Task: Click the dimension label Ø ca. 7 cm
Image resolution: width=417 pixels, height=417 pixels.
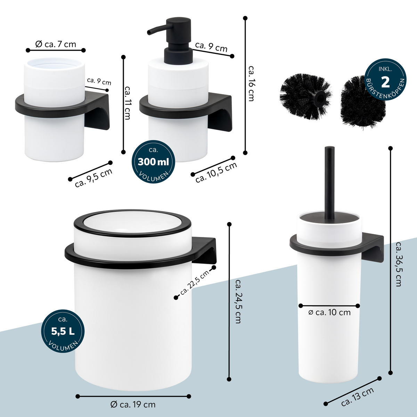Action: coord(56,44)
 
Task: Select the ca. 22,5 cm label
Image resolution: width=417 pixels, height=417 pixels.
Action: coord(195,284)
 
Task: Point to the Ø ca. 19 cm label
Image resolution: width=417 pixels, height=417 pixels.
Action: coord(133,404)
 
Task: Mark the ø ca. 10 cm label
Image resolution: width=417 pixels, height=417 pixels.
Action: coord(329,312)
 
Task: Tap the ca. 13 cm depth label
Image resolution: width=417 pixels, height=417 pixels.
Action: coord(358,396)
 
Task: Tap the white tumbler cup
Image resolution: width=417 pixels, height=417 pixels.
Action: coord(54,111)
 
